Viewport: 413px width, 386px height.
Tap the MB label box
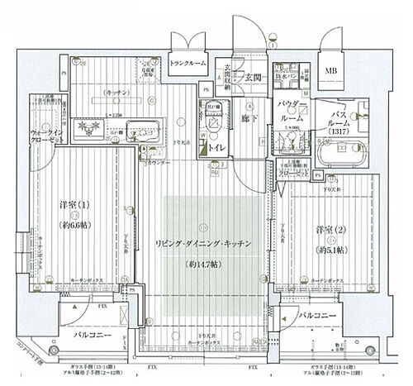click(330, 70)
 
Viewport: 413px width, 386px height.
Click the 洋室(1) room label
click(74, 204)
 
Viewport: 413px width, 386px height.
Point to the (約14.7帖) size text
click(204, 264)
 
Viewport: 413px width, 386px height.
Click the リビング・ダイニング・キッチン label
click(203, 245)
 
